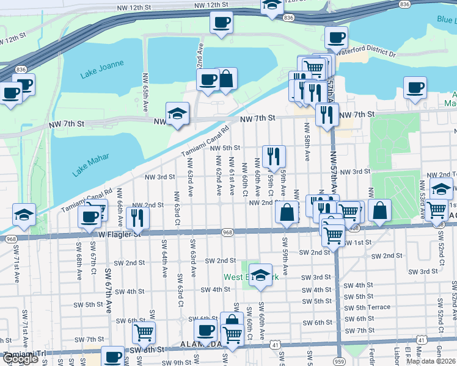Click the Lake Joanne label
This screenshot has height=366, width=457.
[102, 69]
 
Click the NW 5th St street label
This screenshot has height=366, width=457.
[225, 148]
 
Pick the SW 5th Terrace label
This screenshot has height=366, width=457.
[367, 307]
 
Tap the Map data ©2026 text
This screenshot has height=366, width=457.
[431, 361]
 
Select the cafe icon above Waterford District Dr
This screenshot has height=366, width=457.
[335, 37]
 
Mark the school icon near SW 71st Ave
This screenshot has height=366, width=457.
[23, 214]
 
